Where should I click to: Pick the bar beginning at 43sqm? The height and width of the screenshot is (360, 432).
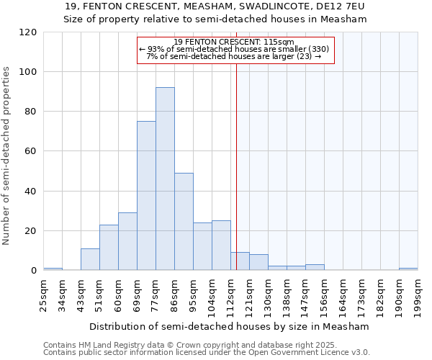pyautogui.click(x=90, y=259)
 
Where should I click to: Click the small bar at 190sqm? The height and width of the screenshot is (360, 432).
pyautogui.click(x=408, y=269)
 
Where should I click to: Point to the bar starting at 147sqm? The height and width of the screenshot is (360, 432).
pyautogui.click(x=315, y=267)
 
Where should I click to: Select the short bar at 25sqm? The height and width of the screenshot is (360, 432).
pyautogui.click(x=53, y=269)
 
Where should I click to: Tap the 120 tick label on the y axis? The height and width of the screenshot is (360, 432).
pyautogui.click(x=28, y=32)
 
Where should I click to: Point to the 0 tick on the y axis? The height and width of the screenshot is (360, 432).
pyautogui.click(x=34, y=271)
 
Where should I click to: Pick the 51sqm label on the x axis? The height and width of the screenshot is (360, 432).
pyautogui.click(x=99, y=294)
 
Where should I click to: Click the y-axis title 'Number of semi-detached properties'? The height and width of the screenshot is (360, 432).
pyautogui.click(x=6, y=156)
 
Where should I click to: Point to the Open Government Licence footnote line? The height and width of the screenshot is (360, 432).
pyautogui.click(x=207, y=352)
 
